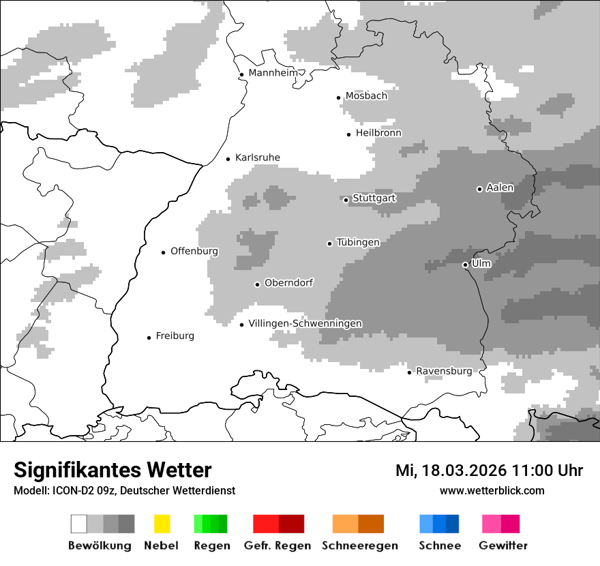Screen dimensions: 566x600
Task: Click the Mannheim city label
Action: (x=273, y=73)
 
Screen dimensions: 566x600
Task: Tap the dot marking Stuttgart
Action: (x=346, y=200)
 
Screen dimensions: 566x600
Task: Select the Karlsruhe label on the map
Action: (x=257, y=158)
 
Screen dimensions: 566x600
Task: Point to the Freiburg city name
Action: (x=175, y=336)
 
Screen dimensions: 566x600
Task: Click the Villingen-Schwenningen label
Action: (x=305, y=323)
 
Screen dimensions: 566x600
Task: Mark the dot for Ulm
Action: (x=465, y=265)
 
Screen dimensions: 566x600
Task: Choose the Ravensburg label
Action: (x=444, y=371)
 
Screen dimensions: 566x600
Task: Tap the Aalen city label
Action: (x=500, y=188)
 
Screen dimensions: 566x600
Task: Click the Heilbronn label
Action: (x=378, y=133)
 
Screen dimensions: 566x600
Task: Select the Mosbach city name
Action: (x=366, y=96)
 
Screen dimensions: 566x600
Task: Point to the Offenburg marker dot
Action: (x=164, y=252)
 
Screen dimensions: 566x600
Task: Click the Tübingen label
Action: (x=358, y=242)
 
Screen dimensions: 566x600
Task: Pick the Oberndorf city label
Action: (x=288, y=283)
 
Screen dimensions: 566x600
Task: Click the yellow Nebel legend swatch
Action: (x=162, y=524)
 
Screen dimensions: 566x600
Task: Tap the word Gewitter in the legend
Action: (x=503, y=546)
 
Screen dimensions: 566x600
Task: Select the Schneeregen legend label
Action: (x=360, y=546)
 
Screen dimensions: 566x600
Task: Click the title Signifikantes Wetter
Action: (x=112, y=470)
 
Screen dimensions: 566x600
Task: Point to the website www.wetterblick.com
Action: (x=492, y=490)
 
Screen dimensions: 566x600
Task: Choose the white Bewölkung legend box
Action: (x=79, y=524)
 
